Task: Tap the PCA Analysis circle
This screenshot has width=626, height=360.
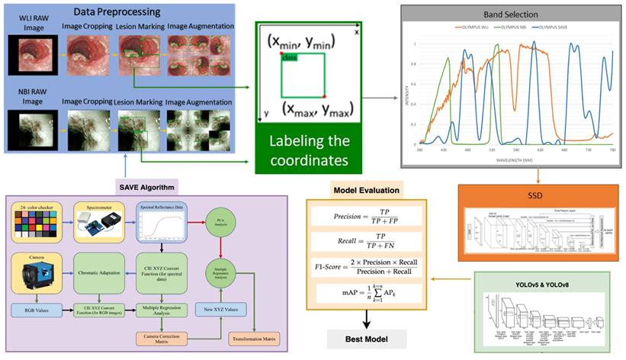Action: (x=219, y=223)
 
